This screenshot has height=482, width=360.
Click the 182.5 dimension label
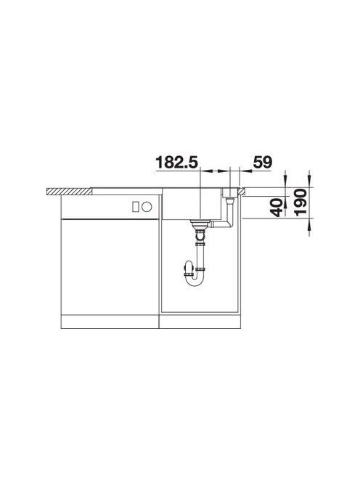click(x=177, y=162)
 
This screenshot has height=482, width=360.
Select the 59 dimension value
click(x=263, y=162)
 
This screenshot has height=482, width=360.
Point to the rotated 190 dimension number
click(x=300, y=203)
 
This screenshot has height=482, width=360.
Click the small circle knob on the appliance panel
click(x=147, y=207)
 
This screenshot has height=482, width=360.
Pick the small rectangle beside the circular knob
click(x=135, y=207)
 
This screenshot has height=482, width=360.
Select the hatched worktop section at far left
click(x=70, y=191)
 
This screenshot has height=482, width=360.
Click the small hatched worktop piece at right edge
click(x=241, y=191)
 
